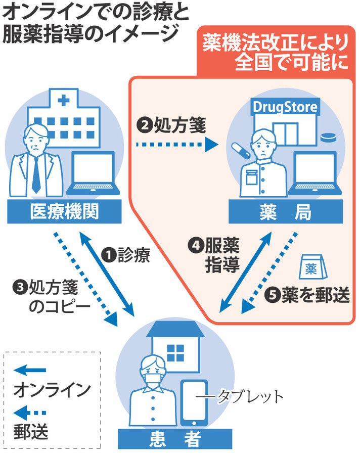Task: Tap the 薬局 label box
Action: pos(283,213)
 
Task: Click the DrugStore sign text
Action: pos(285,107)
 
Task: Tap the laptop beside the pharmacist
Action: pos(315,173)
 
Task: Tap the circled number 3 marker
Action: pos(20,287)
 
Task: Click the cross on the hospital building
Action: pos(63,100)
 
